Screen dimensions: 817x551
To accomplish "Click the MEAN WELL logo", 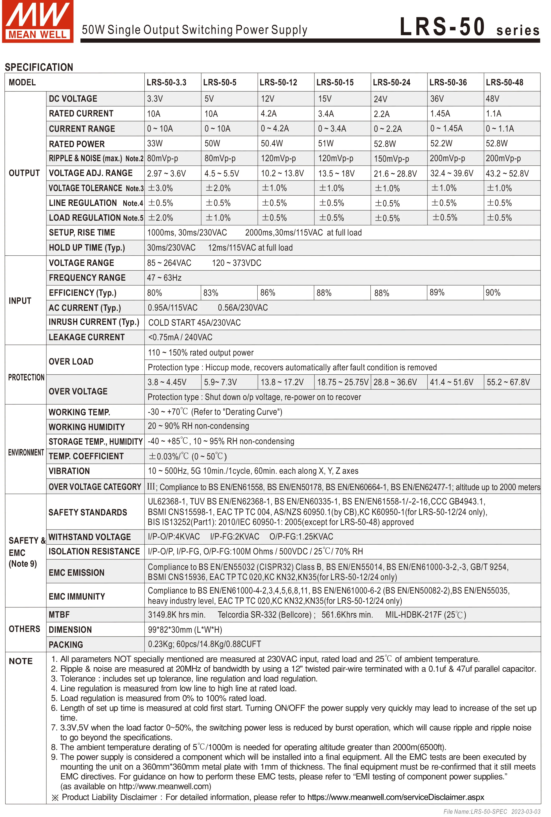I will (38, 21).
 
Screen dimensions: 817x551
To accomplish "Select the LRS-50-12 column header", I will (278, 83).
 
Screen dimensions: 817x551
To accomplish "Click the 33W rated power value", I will (155, 144).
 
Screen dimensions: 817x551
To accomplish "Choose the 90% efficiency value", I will (493, 293).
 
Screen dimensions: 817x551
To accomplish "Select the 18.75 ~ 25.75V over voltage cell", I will (343, 382).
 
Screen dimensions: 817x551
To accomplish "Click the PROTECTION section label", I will (26, 377).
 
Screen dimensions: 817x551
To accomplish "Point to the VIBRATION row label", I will (69, 471).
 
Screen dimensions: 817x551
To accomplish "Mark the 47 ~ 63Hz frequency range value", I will (164, 278).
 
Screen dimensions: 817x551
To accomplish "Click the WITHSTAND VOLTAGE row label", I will (90, 537).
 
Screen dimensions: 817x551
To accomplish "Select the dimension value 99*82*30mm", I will (185, 630).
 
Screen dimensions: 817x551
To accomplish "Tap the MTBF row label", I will (59, 615).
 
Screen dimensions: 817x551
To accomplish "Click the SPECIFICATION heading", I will (39, 67).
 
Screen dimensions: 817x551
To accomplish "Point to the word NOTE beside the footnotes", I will (21, 661).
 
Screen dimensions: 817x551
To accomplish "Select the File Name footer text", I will (492, 811).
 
